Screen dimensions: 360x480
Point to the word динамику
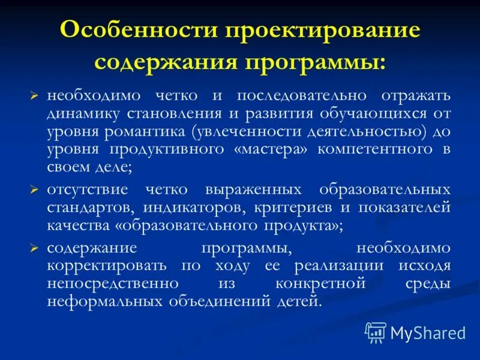click(80, 114)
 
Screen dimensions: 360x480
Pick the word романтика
click(151, 132)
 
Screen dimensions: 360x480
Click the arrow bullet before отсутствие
click(34, 190)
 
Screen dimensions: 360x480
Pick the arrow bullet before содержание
click(34, 248)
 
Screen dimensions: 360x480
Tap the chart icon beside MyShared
click(376, 331)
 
